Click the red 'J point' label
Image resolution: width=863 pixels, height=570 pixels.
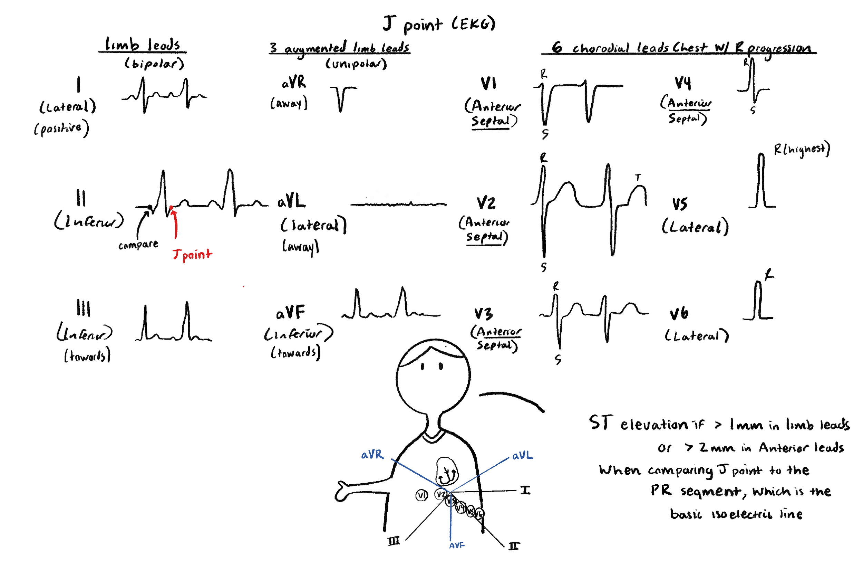[x=192, y=254]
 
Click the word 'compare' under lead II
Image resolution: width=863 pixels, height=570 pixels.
[x=138, y=245]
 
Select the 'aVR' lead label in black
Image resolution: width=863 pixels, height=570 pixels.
[x=294, y=83]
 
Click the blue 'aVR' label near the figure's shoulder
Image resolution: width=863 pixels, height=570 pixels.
[x=372, y=455]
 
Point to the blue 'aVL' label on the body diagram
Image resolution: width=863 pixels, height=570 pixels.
[x=522, y=456]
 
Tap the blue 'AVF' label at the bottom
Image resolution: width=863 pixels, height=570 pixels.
[x=457, y=545]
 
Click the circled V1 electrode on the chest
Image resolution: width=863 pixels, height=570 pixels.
[x=422, y=495]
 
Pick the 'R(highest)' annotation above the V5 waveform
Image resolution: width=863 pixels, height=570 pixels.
[x=801, y=149]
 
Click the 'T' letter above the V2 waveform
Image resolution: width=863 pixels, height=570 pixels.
[x=638, y=178]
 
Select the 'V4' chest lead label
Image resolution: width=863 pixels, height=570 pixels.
[x=683, y=83]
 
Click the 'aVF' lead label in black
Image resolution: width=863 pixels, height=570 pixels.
[x=290, y=313]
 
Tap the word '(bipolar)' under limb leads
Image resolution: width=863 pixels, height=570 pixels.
[x=154, y=64]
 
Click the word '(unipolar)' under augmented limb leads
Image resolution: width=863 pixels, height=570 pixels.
[x=356, y=64]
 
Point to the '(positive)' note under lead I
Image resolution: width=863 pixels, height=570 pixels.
[x=61, y=129]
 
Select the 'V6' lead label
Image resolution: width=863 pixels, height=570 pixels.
[x=679, y=313]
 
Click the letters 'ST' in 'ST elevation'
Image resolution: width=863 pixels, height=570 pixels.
[x=601, y=423]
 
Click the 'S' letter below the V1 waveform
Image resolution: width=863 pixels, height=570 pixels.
[x=545, y=134]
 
